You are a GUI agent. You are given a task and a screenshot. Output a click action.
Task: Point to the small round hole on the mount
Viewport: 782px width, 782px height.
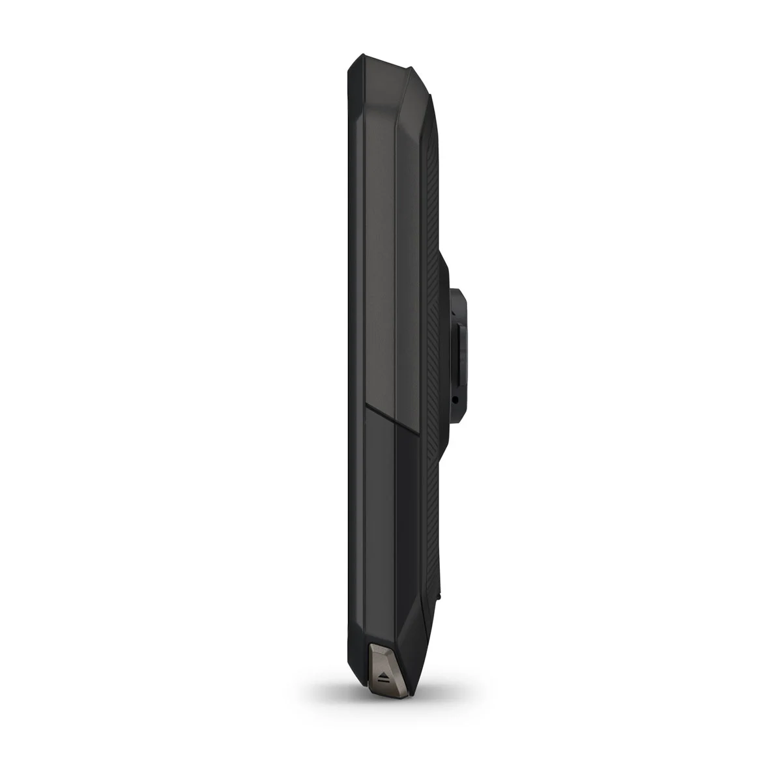tap(456, 399)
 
